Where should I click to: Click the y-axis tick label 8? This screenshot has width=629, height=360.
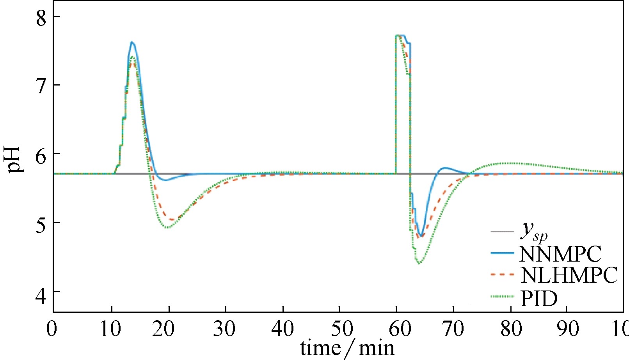click(41, 18)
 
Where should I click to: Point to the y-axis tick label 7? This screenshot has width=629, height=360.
click(41, 86)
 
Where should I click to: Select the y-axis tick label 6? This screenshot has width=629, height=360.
click(41, 155)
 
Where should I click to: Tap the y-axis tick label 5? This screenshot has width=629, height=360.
click(41, 224)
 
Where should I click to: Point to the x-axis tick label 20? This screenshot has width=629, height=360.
click(163, 329)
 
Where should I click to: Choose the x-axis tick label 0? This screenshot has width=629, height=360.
click(52, 329)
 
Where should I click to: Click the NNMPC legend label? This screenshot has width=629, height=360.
click(560, 254)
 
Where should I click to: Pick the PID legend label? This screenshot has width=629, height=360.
click(539, 299)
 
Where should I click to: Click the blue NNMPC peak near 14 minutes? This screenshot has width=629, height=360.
click(132, 42)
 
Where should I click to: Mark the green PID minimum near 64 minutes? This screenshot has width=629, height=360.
click(419, 263)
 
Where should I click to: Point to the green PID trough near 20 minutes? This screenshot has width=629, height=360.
click(168, 227)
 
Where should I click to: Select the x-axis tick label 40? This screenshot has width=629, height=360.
click(283, 329)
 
